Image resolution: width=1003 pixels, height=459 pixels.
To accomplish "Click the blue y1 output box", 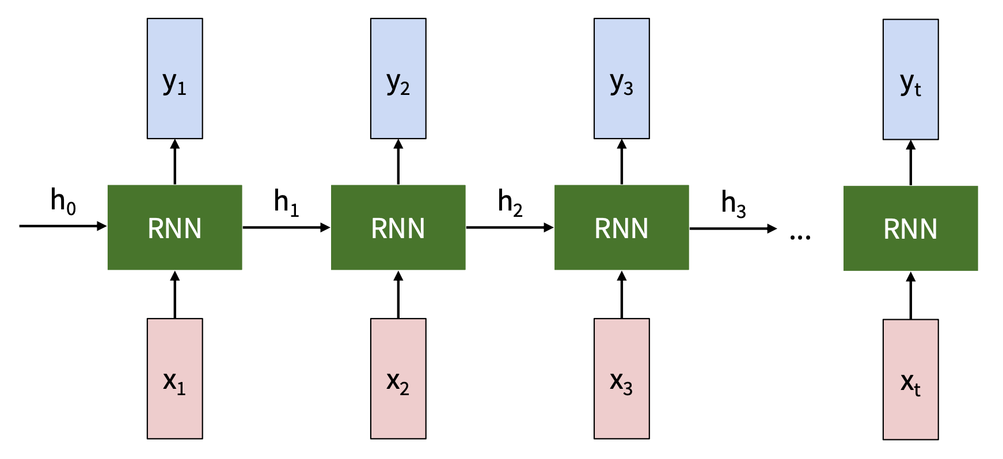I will (174, 78).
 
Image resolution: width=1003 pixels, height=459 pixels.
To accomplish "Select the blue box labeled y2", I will (398, 78).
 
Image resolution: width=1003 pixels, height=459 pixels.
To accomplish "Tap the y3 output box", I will (621, 78).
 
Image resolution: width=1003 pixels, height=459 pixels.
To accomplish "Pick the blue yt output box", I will (910, 79).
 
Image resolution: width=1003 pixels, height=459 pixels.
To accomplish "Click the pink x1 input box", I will (174, 378).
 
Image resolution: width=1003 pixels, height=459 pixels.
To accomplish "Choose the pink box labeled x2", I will (398, 378).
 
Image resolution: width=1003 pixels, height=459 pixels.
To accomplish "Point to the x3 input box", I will (621, 378).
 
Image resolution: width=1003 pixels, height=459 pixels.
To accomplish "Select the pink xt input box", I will (910, 380).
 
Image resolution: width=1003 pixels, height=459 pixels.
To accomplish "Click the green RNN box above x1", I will (174, 227).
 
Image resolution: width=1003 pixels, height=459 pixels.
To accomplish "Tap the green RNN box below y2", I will (398, 227).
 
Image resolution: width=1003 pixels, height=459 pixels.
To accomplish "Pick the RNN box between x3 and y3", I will (621, 227).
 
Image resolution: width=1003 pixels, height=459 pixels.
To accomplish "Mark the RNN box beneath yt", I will (910, 228).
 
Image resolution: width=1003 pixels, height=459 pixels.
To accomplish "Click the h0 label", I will (63, 201).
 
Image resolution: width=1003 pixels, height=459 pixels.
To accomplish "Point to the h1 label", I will (286, 202).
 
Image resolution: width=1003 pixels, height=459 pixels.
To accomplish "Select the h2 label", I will (510, 202).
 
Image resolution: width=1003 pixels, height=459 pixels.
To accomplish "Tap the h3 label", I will (733, 204).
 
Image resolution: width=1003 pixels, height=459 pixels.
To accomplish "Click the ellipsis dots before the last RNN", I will (800, 236).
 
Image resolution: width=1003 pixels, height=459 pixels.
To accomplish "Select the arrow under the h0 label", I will (63, 226).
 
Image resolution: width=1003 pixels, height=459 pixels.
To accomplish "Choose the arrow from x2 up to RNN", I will (398, 294).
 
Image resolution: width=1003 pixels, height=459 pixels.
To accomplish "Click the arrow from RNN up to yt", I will (910, 163).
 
